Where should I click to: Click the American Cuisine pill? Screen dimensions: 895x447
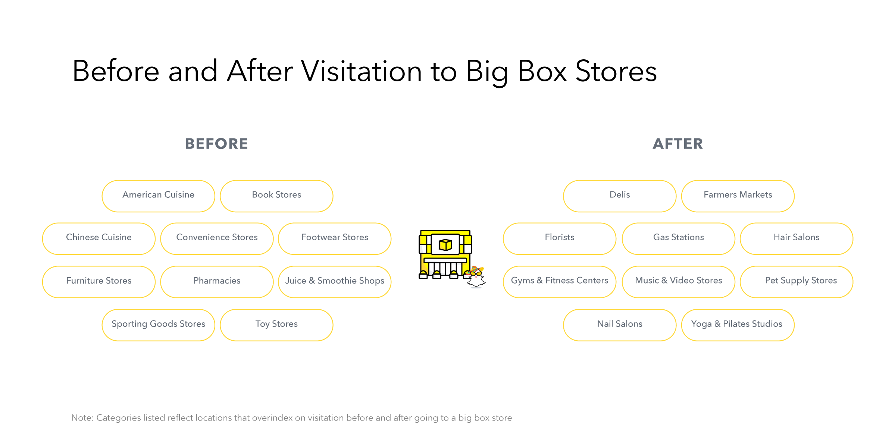[158, 196]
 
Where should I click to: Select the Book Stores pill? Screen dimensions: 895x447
[276, 196]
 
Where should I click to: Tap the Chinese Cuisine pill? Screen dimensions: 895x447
[99, 239]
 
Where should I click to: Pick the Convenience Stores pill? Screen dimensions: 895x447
[217, 239]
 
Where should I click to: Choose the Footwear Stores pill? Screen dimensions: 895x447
[335, 239]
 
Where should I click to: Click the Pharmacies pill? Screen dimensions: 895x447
[217, 282]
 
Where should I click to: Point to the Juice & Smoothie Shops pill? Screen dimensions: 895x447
[335, 282]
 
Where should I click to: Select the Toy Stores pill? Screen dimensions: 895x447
[276, 325]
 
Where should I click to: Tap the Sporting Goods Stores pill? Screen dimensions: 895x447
[158, 325]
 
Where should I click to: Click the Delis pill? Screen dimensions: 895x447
[620, 196]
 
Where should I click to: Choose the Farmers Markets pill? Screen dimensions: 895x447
[738, 196]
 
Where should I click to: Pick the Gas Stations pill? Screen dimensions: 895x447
[679, 239]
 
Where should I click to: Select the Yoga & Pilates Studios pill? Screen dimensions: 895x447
[738, 325]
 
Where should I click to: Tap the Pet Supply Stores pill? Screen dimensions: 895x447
[797, 282]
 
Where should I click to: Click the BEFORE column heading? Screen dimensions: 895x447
[216, 144]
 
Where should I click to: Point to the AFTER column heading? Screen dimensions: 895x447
[678, 144]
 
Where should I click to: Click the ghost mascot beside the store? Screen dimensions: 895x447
[476, 277]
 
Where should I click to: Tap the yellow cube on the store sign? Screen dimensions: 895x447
[445, 245]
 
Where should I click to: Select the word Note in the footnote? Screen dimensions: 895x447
[82, 418]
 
